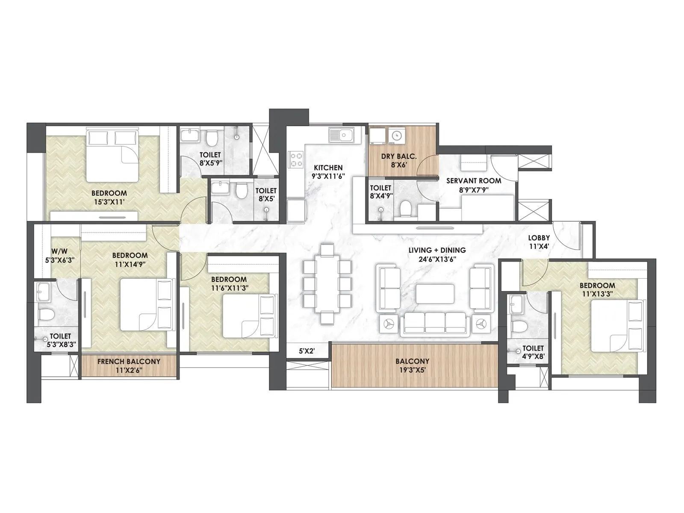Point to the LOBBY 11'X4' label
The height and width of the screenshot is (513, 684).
click(539, 242)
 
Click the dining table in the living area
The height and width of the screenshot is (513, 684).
click(327, 283)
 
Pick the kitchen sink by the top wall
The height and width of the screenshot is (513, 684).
click(341, 136)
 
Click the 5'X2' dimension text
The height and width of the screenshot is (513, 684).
click(307, 351)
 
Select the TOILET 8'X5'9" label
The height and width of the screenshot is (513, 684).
click(210, 158)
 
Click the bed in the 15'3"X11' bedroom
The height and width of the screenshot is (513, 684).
click(112, 156)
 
